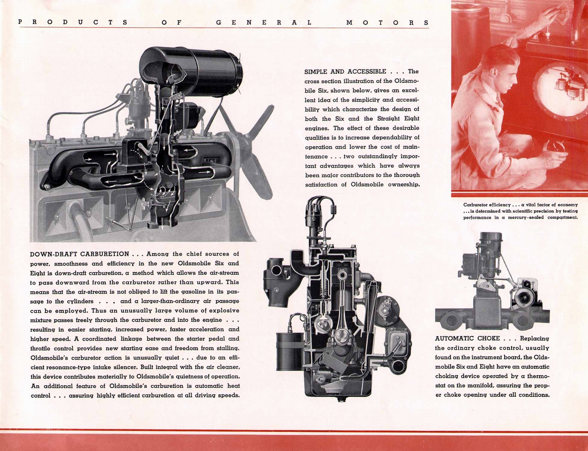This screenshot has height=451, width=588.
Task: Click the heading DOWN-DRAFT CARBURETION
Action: [x=79, y=254]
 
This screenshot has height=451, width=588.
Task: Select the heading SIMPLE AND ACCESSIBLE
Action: [x=345, y=72]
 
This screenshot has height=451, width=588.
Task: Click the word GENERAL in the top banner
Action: [x=263, y=22]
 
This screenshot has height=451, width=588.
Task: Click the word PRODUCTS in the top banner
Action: [x=73, y=22]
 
